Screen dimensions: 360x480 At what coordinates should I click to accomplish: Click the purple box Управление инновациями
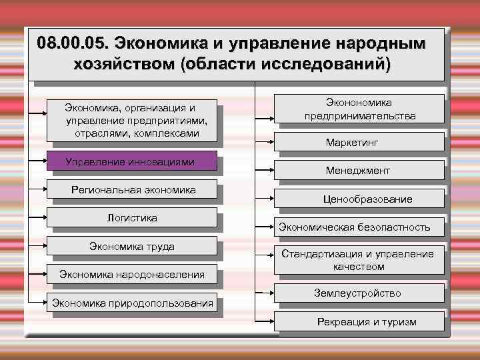[x=131, y=162]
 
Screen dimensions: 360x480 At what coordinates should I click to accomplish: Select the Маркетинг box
[x=361, y=142]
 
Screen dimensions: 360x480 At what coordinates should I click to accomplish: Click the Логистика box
[x=132, y=217]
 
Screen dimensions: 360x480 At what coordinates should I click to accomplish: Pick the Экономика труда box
[x=132, y=247]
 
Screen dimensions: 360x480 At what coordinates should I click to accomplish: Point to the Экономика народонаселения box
[x=132, y=273]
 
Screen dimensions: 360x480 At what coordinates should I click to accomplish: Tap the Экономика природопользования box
[x=132, y=303]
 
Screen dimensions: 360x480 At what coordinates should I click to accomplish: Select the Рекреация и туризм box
[x=366, y=322]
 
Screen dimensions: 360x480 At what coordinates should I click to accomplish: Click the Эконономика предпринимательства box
[x=359, y=109]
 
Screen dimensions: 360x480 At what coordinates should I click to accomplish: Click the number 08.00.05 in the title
[x=73, y=44]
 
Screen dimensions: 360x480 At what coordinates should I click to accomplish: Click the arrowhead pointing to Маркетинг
[x=269, y=141]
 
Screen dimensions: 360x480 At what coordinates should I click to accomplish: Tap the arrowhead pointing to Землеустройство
[x=269, y=293]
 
